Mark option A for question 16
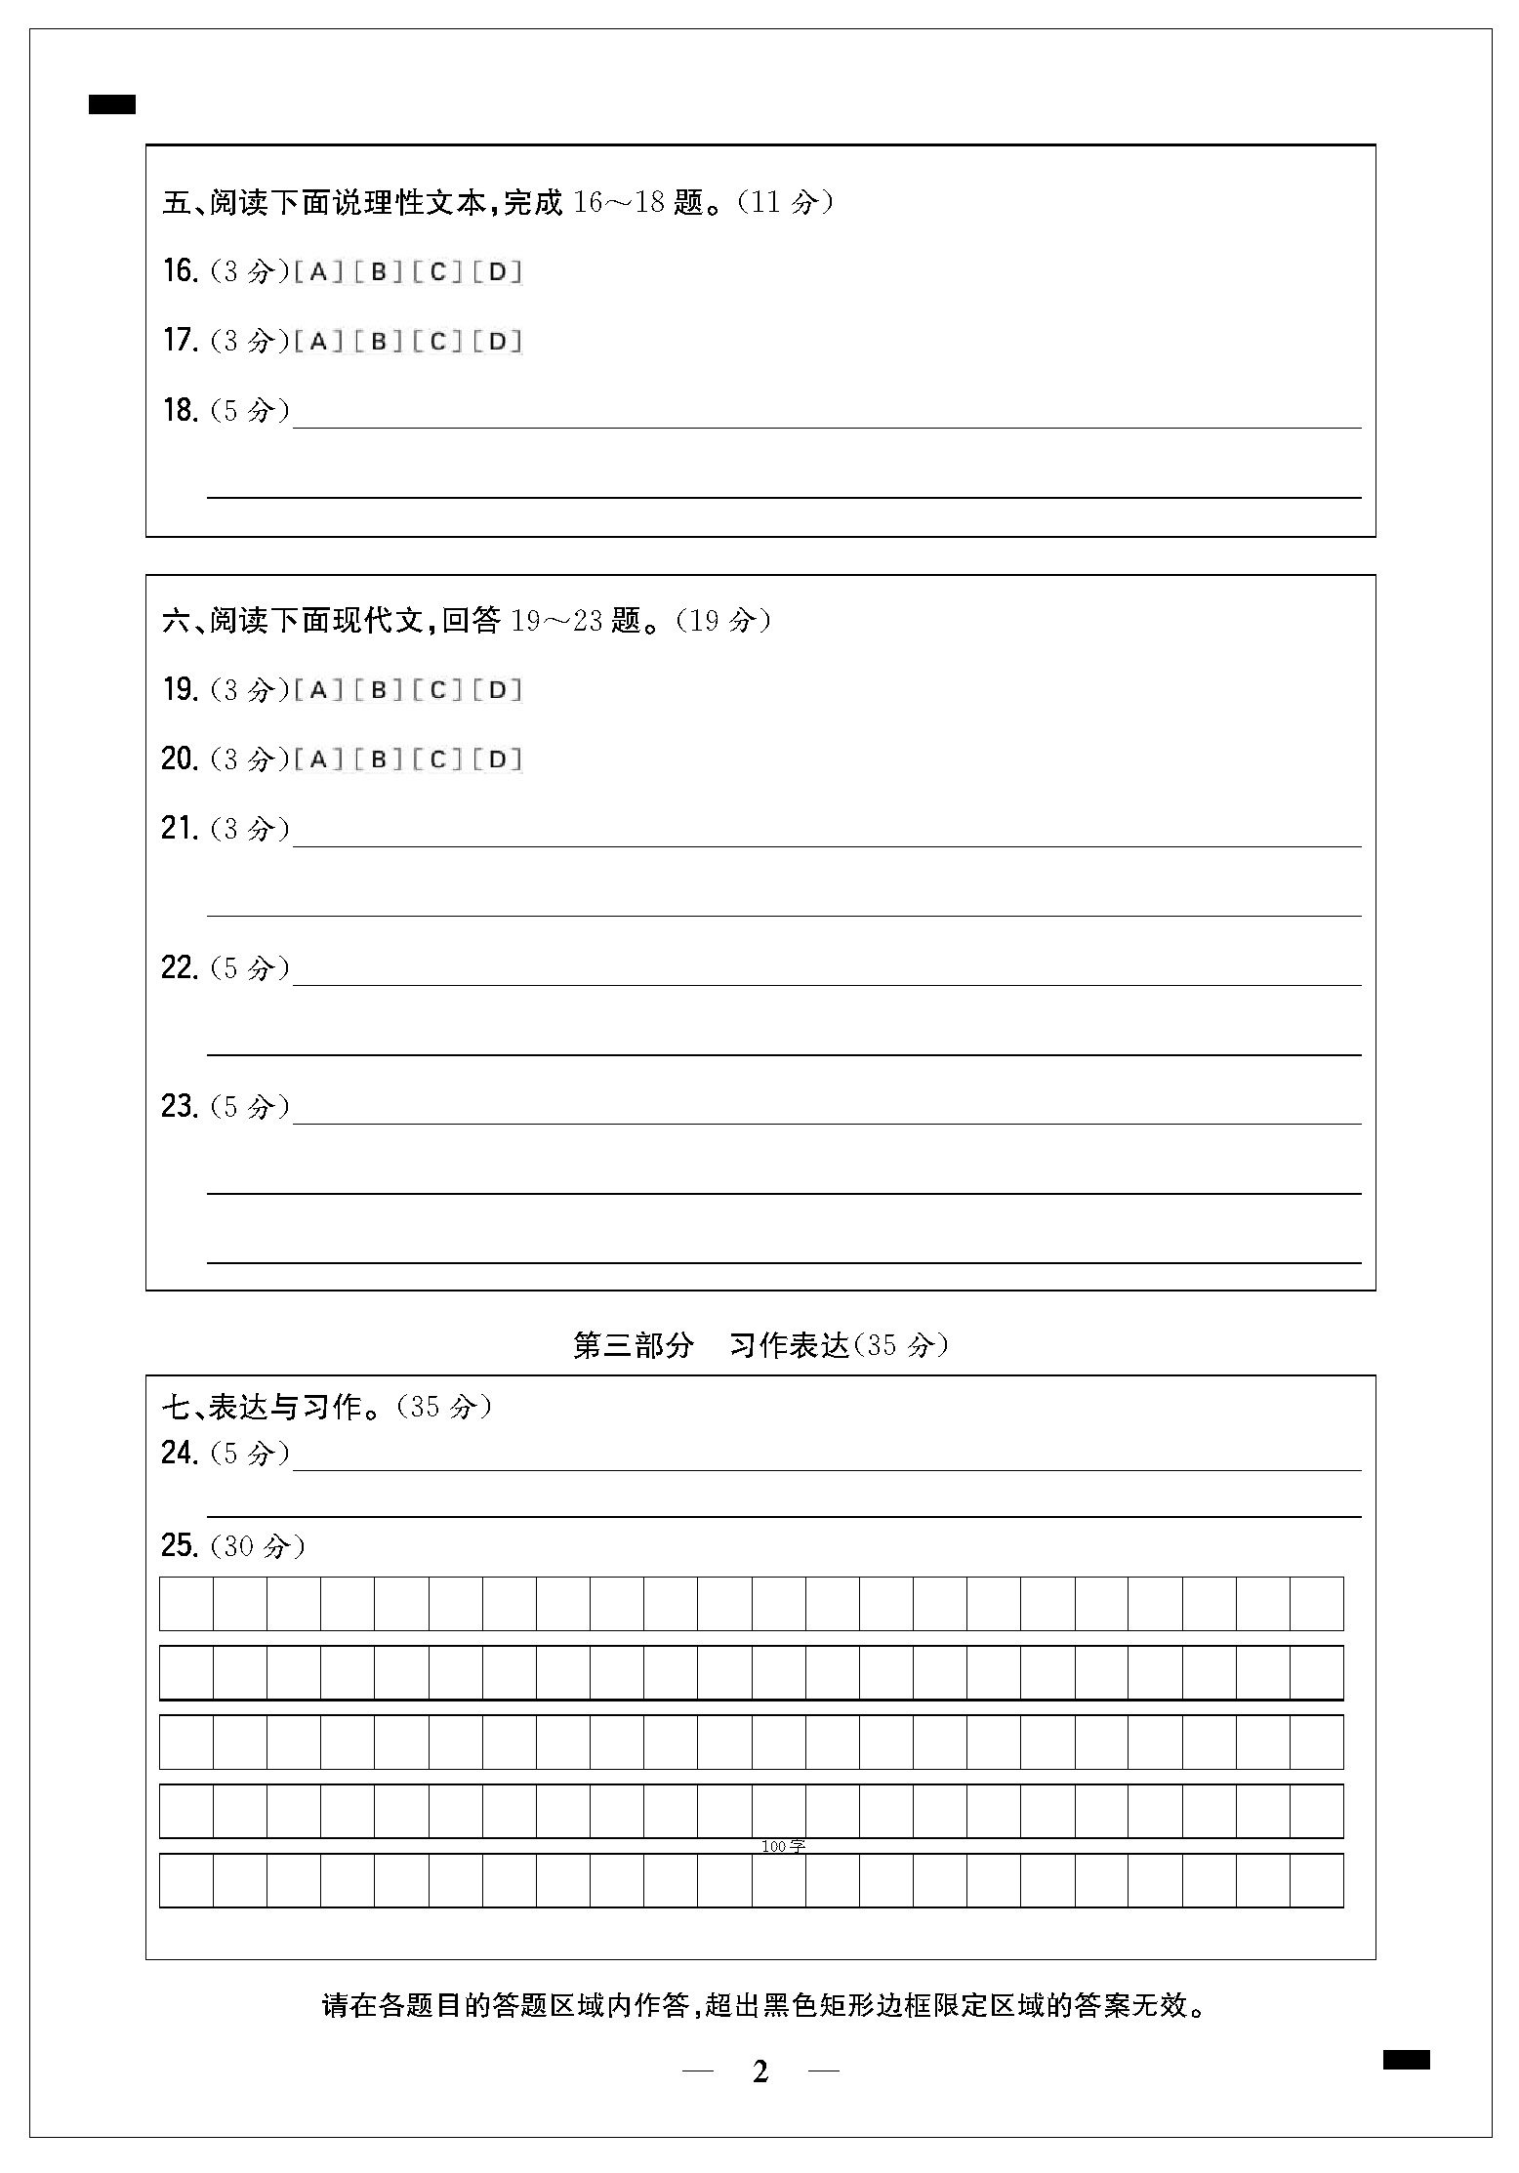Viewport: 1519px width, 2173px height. tap(318, 272)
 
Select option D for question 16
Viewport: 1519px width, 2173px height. tap(498, 272)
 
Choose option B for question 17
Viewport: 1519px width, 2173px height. tap(379, 342)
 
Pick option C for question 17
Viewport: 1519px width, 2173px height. tap(438, 342)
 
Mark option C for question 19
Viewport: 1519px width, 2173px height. tap(438, 691)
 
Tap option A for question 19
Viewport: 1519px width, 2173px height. tap(318, 691)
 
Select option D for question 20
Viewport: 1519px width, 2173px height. tap(498, 759)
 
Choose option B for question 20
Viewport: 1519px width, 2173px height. tap(379, 759)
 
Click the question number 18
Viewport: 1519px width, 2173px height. tap(181, 410)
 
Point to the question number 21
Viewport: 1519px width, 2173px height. tap(181, 829)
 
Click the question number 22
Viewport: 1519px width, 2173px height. tap(181, 967)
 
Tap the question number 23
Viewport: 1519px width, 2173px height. tap(181, 1106)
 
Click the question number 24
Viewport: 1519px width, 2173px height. tap(181, 1454)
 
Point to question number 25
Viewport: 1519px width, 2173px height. tap(181, 1545)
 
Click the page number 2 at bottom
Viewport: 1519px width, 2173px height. tap(760, 2071)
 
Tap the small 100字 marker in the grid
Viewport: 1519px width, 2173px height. tap(783, 1846)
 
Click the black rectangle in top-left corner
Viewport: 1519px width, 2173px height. tap(112, 104)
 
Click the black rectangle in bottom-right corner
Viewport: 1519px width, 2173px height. tap(1406, 2060)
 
